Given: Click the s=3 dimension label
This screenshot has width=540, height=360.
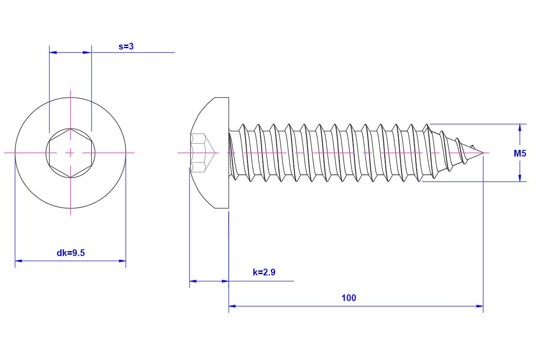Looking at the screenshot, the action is pyautogui.click(x=126, y=46).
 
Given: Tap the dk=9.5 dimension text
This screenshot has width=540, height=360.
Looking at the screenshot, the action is pyautogui.click(x=71, y=253).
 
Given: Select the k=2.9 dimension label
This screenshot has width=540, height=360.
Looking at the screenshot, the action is pyautogui.click(x=264, y=272).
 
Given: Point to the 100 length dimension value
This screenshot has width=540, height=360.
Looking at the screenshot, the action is pyautogui.click(x=349, y=298).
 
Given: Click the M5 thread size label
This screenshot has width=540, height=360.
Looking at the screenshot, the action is pyautogui.click(x=520, y=153).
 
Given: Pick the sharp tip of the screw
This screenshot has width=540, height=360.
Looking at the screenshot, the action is pyautogui.click(x=483, y=153).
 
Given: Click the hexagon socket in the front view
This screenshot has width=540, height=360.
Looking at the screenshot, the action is pyautogui.click(x=70, y=153).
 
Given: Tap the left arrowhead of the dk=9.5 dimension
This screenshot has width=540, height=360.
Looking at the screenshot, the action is pyautogui.click(x=18, y=261).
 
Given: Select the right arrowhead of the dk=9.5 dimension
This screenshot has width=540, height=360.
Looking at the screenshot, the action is pyautogui.click(x=122, y=261).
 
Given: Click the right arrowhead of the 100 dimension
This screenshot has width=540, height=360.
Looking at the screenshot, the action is pyautogui.click(x=480, y=306).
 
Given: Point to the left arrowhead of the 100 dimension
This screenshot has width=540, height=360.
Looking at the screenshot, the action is pyautogui.click(x=232, y=306).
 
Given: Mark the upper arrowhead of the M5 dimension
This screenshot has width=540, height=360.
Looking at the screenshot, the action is pyautogui.click(x=520, y=127).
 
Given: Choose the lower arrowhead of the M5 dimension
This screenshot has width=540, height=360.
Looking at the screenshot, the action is pyautogui.click(x=520, y=178).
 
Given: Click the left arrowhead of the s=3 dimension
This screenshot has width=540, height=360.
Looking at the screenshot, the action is pyautogui.click(x=53, y=52).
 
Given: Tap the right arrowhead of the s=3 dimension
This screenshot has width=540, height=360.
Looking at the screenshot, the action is pyautogui.click(x=88, y=52).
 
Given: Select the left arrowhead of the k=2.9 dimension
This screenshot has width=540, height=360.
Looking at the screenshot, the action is pyautogui.click(x=193, y=281).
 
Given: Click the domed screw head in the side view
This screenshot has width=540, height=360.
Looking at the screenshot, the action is pyautogui.click(x=210, y=153).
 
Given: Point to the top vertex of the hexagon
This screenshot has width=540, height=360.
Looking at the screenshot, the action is pyautogui.click(x=70, y=128).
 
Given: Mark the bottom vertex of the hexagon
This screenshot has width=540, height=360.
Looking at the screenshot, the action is pyautogui.click(x=70, y=178).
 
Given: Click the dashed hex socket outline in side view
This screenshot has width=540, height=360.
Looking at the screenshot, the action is pyautogui.click(x=202, y=153).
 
